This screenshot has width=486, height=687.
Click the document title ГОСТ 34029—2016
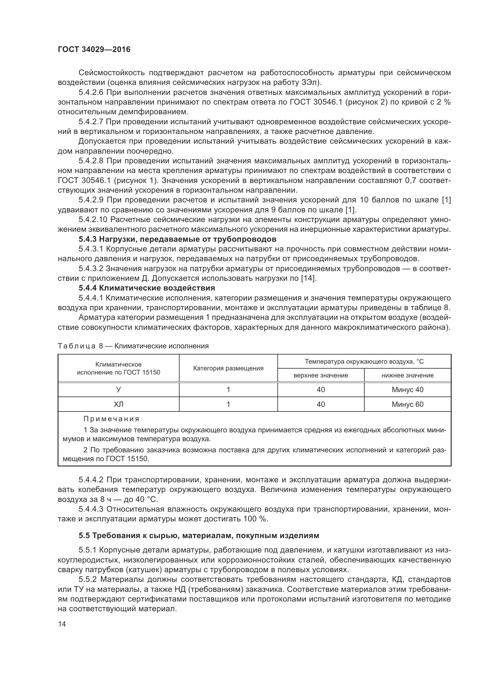94,49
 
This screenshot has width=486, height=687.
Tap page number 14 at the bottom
62,624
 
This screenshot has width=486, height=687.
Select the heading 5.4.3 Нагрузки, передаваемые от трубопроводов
177,239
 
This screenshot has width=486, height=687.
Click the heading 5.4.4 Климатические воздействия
147,288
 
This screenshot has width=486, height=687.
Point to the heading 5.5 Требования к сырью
199,535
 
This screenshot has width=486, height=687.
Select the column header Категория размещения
228,368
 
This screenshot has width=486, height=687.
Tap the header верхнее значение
321,375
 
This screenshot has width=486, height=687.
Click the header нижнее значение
407,375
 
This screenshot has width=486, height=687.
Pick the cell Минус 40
407,389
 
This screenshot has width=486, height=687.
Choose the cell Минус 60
407,404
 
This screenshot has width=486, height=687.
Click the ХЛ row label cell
118,404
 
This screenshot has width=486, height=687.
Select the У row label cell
118,389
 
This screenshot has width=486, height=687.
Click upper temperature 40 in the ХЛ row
321,404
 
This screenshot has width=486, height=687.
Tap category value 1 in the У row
228,389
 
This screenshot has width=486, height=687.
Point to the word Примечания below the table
111,419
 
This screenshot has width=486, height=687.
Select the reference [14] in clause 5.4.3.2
308,278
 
